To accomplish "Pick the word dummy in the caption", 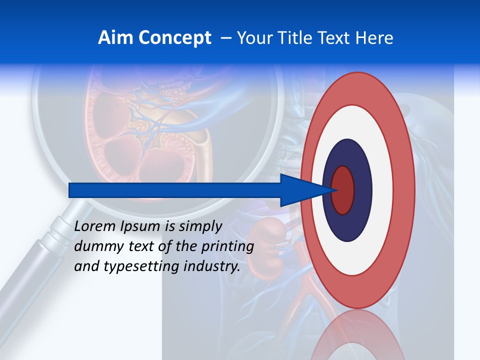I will (x=95, y=246).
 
